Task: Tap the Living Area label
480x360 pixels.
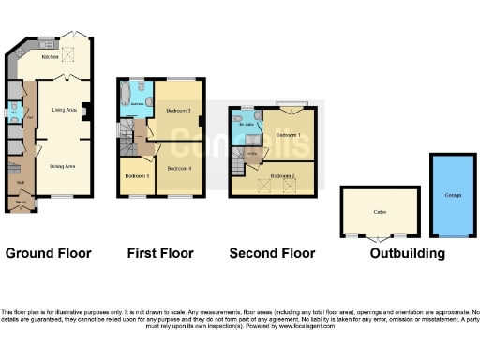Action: pyautogui.click(x=65, y=110)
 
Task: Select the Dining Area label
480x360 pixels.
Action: pyautogui.click(x=63, y=164)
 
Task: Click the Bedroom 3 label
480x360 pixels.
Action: pyautogui.click(x=179, y=110)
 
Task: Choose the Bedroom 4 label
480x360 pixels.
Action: pyautogui.click(x=179, y=168)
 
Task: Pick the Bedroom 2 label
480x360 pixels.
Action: pyautogui.click(x=283, y=175)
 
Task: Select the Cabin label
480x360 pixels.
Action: pyautogui.click(x=380, y=212)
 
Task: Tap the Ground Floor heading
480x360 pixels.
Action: pyautogui.click(x=49, y=253)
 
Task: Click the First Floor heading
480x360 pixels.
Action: pyautogui.click(x=160, y=253)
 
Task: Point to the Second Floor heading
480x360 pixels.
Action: pyautogui.click(x=275, y=253)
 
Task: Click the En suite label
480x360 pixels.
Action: pyautogui.click(x=247, y=124)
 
